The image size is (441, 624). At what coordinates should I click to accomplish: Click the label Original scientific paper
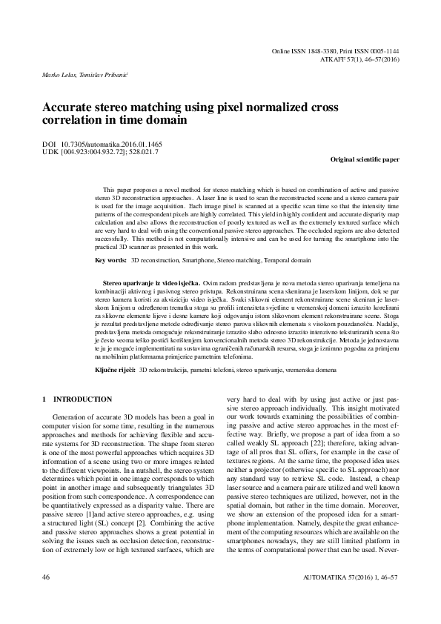tap(363, 159)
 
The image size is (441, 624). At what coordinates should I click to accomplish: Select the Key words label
tap(111, 261)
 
